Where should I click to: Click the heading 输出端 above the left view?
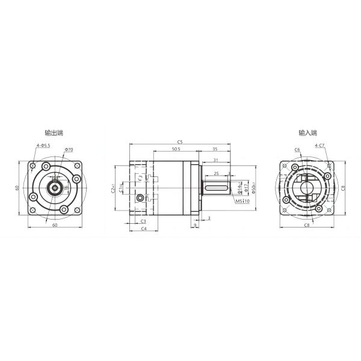[x=54, y=133]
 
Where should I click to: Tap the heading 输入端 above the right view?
[x=307, y=133]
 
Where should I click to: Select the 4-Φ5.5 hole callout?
[x=43, y=146]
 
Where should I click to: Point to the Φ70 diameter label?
[x=68, y=149]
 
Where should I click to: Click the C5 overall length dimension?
[x=180, y=141]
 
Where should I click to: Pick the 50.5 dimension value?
[x=176, y=149]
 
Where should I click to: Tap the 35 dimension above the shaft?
[x=215, y=149]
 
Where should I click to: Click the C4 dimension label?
[x=144, y=229]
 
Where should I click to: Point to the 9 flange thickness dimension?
[x=195, y=226]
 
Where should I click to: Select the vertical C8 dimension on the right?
[x=343, y=188]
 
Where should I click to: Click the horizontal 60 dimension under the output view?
[x=54, y=225]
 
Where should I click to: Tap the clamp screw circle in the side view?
[x=141, y=198]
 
